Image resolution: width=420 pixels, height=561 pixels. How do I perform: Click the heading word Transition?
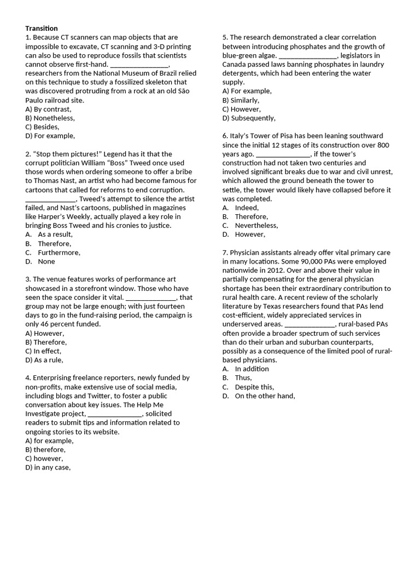tap(42, 28)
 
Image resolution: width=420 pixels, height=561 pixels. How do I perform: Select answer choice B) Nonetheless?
tap(50, 118)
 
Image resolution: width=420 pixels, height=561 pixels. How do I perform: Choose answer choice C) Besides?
tap(42, 127)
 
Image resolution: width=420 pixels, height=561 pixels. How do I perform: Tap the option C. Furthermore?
tap(52, 253)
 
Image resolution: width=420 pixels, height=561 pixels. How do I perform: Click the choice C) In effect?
tap(43, 351)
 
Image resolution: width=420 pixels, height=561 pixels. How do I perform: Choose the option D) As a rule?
tap(44, 360)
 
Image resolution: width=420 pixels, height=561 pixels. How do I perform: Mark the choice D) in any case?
tap(48, 467)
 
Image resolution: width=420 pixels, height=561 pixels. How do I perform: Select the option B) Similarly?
tap(241, 100)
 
